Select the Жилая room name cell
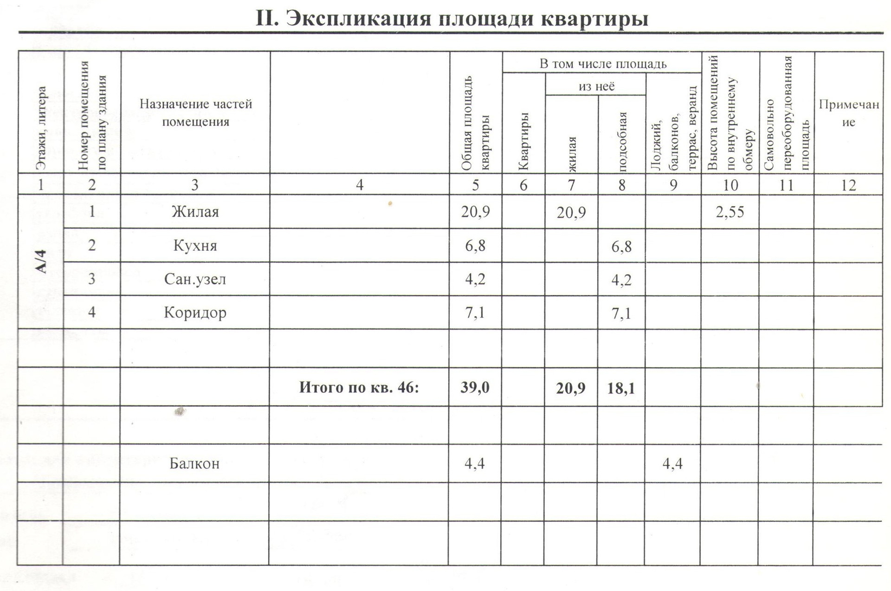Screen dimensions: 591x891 point(195,212)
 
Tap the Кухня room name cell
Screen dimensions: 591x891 point(195,245)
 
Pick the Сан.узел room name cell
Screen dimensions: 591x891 point(195,279)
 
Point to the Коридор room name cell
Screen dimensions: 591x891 point(195,312)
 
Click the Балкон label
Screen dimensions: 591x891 point(194,463)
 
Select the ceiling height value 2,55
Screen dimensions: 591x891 point(730,212)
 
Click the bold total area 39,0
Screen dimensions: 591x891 point(475,387)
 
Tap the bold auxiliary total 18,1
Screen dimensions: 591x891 point(621,388)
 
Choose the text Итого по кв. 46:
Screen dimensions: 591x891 point(359,387)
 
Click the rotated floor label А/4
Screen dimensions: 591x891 point(42,261)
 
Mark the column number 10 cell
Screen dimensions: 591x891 point(730,185)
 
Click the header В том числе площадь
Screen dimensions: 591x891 point(602,64)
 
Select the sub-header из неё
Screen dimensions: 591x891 point(596,86)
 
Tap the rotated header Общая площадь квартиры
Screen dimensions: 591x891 point(476,123)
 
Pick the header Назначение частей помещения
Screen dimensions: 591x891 point(195,113)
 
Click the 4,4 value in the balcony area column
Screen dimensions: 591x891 point(672,463)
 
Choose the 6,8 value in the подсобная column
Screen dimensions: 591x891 point(621,246)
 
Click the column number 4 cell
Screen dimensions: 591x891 point(359,185)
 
